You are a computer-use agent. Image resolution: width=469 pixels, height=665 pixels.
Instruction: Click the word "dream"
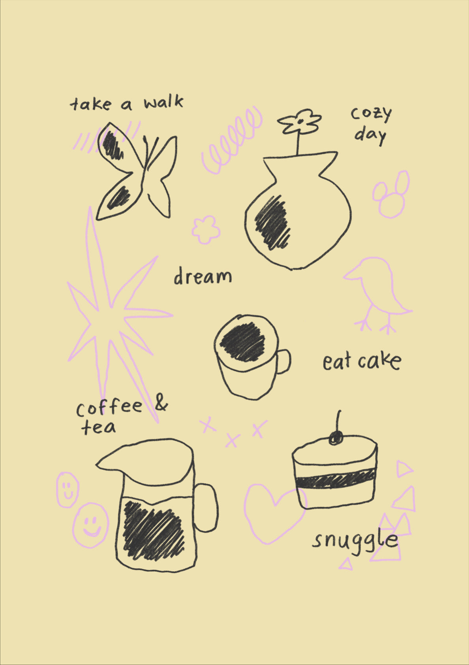[x=203, y=276]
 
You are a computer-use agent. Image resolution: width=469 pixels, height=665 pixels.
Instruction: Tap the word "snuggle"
[x=355, y=540]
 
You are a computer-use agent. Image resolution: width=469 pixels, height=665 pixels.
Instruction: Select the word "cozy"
[x=371, y=113]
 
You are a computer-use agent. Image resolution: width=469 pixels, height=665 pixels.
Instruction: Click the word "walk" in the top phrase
[x=163, y=102]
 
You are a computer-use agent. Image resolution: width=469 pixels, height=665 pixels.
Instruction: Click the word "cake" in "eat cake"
[x=380, y=361]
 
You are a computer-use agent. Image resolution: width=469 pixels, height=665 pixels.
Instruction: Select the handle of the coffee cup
[x=283, y=361]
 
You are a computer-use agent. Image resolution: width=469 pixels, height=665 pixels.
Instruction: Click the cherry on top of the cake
[x=336, y=438]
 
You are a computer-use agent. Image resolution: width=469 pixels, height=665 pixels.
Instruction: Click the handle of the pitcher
[x=206, y=508]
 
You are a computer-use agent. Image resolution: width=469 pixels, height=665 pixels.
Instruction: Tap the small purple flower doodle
[x=206, y=229]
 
